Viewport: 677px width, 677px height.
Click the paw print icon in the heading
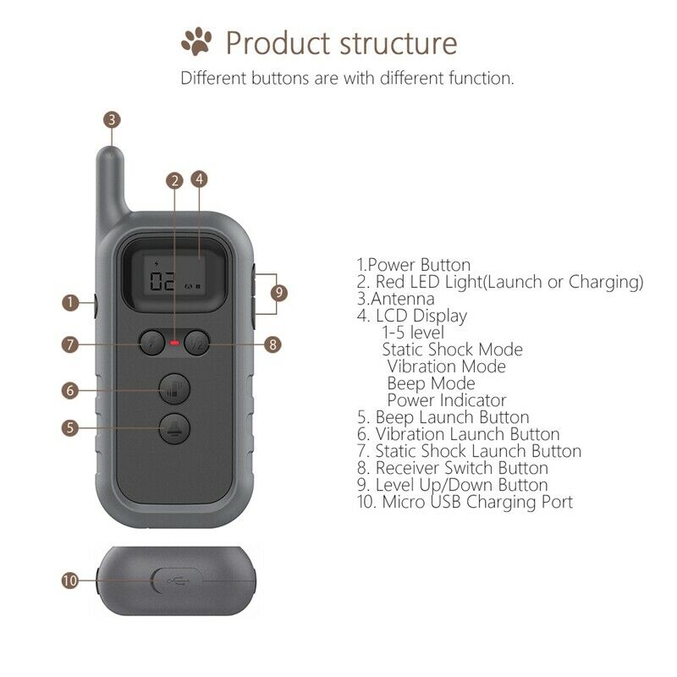(196, 41)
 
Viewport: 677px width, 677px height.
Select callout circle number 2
(174, 179)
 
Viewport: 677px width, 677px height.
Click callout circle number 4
(200, 179)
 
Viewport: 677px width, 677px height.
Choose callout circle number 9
(280, 293)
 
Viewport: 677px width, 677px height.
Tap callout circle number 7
(71, 344)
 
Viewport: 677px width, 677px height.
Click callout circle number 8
(272, 344)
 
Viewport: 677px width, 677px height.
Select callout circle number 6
(71, 390)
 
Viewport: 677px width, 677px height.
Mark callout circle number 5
(71, 427)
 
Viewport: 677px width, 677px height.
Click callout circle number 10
(71, 581)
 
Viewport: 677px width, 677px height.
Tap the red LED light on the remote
(175, 344)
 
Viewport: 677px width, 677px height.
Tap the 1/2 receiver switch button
(196, 344)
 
